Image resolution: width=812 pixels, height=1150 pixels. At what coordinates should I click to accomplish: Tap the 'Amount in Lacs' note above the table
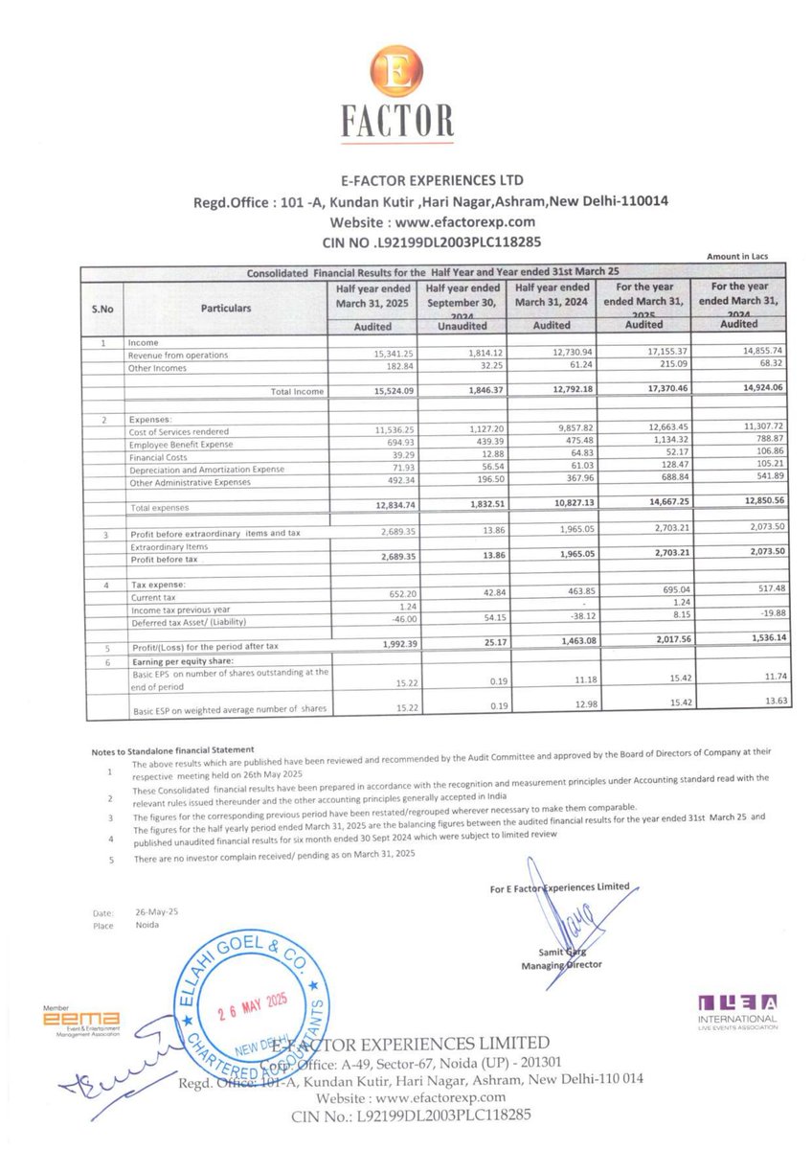click(736, 256)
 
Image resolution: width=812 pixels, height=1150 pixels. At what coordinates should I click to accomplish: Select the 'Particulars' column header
click(227, 308)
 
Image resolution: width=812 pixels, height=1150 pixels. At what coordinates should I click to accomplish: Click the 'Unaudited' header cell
click(462, 326)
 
